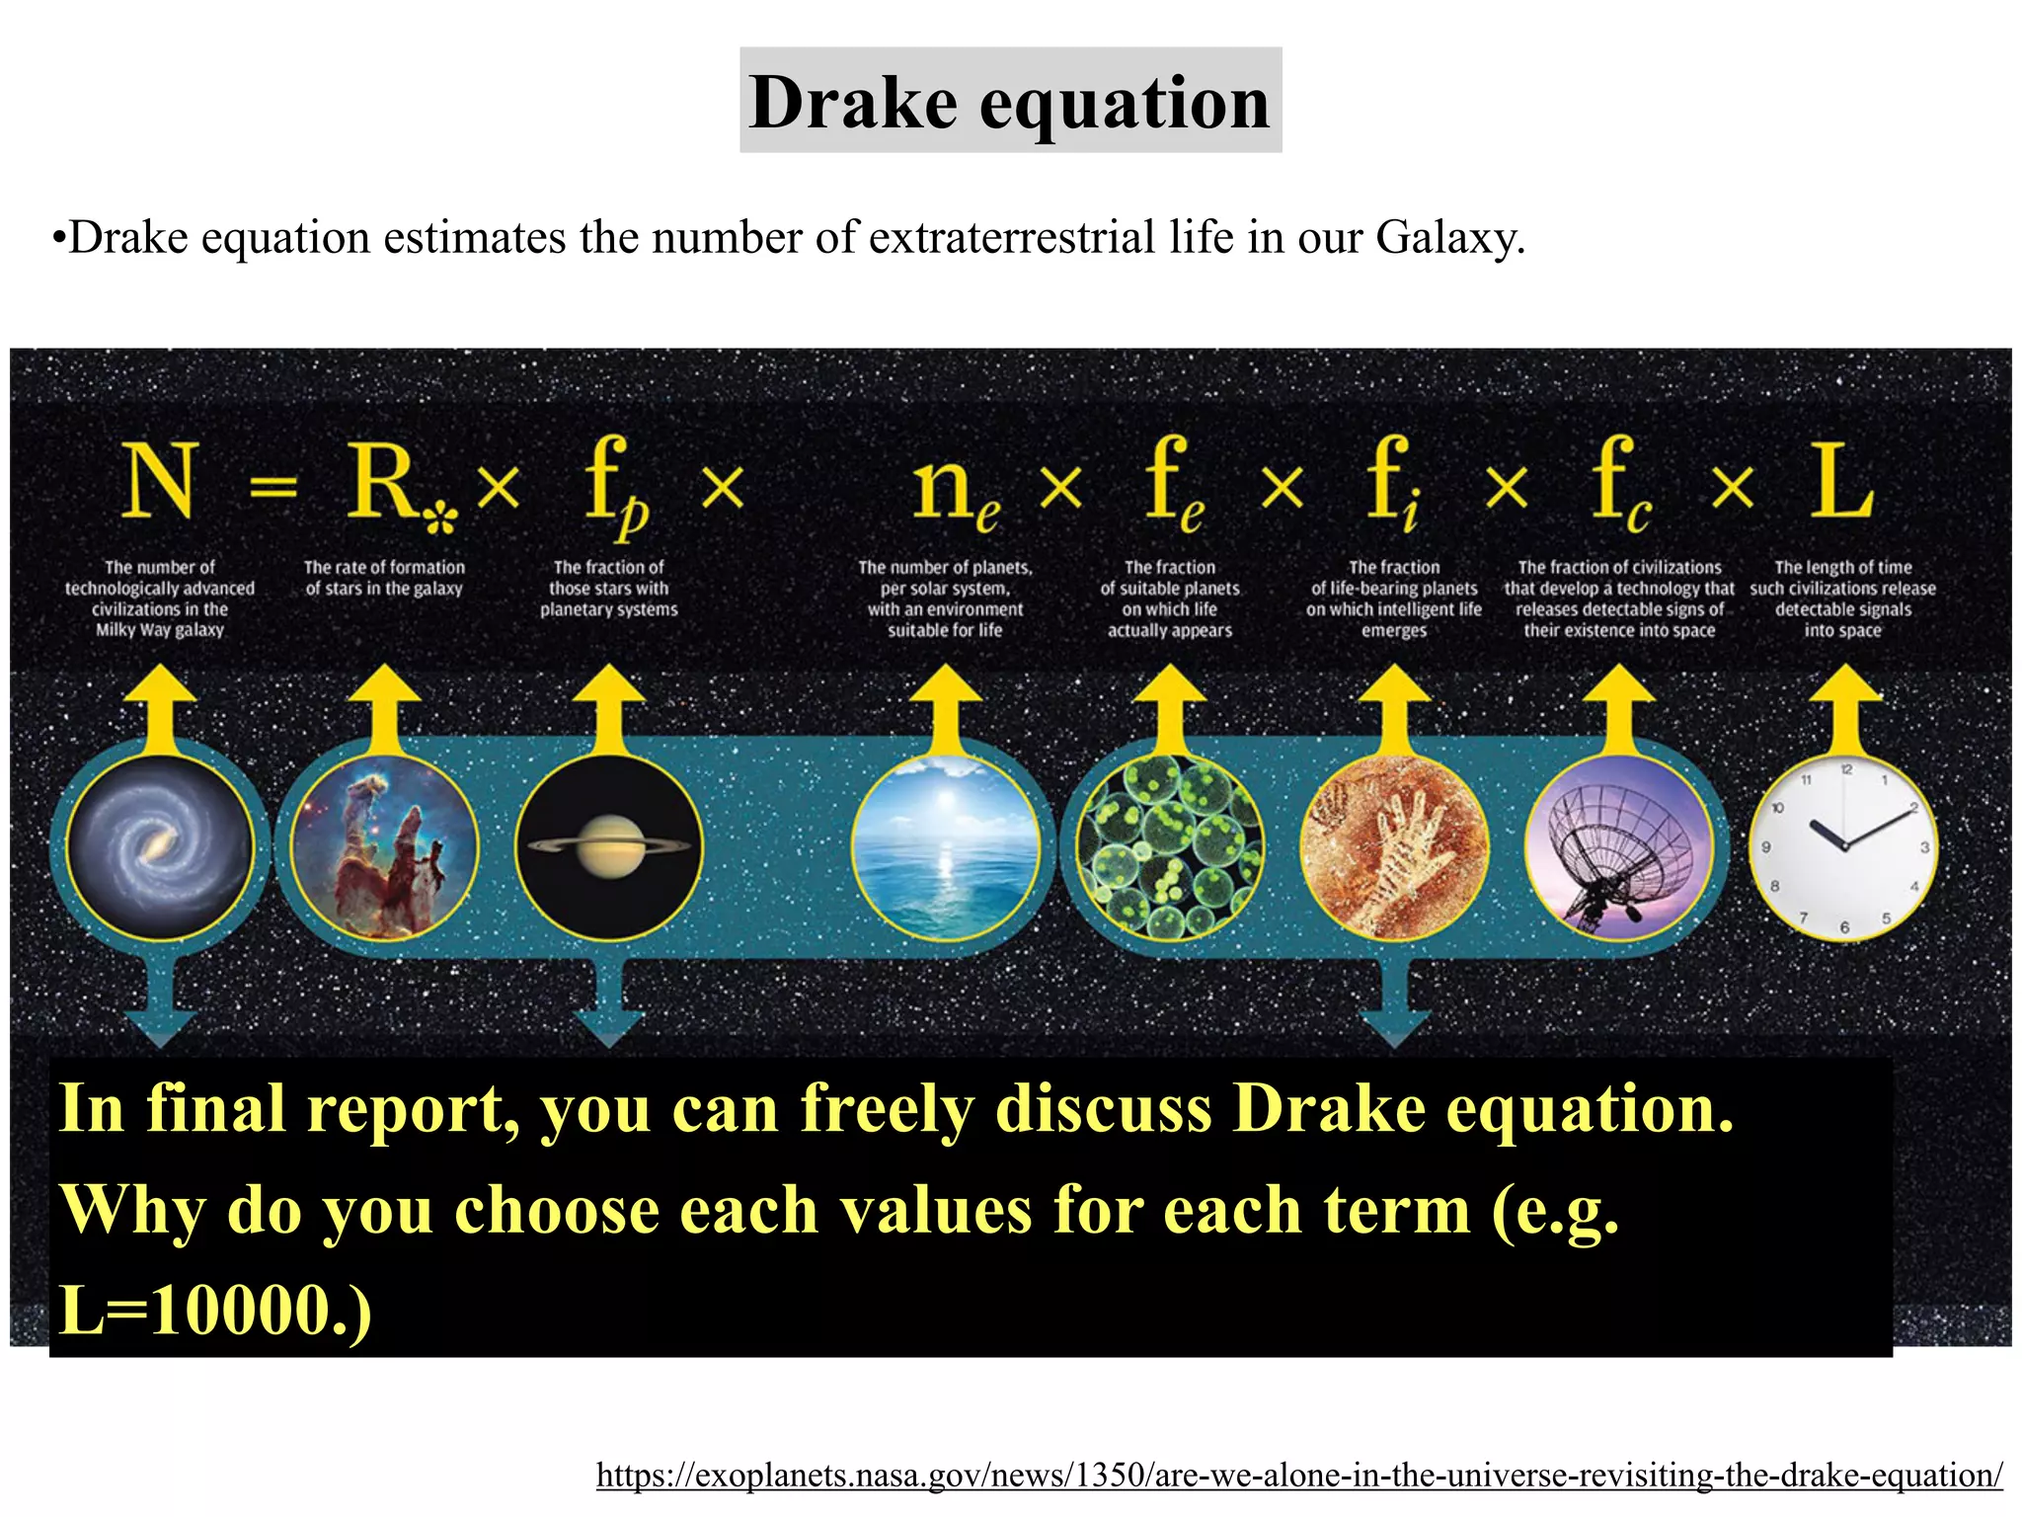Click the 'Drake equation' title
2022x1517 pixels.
coord(1010,101)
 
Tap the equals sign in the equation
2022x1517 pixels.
coord(272,486)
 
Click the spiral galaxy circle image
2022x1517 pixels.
coord(160,847)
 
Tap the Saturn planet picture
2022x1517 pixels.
coord(609,847)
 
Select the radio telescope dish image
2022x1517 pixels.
coord(1619,847)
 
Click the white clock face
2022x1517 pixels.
coord(1843,847)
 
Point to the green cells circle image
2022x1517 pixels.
coord(1170,847)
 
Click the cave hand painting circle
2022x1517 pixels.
coord(1394,847)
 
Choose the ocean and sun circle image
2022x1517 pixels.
coord(945,847)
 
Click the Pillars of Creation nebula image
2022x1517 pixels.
coord(385,847)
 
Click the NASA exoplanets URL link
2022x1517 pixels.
coord(1299,1475)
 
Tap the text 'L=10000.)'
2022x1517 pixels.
coord(215,1310)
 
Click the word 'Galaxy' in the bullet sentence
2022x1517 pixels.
coord(1447,238)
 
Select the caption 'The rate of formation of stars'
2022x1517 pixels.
coord(384,578)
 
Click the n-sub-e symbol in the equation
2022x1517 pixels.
coord(953,489)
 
